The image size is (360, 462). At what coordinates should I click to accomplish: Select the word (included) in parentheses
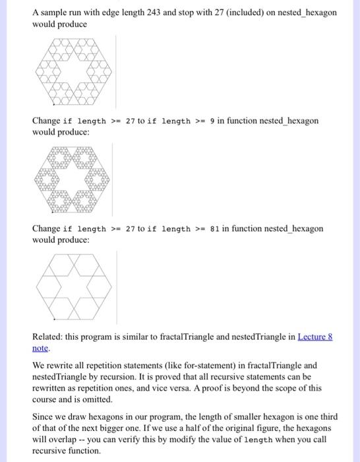click(245, 13)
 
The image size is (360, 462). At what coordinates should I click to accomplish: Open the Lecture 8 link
click(315, 337)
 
